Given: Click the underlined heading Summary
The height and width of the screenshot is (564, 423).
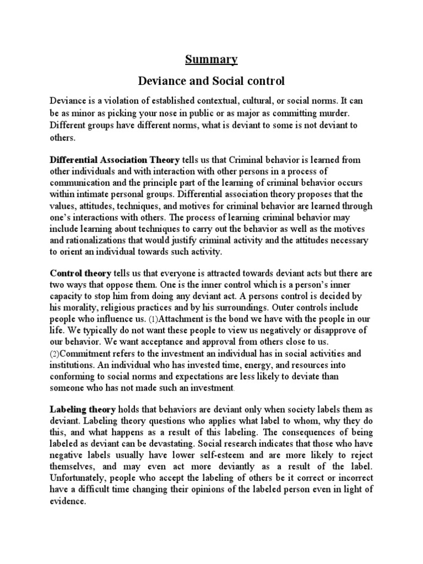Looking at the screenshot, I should (x=211, y=59).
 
